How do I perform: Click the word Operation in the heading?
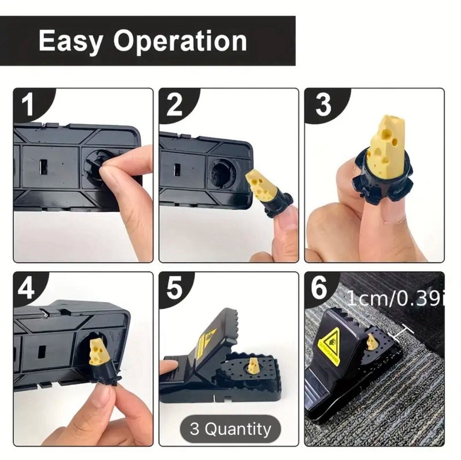click(180, 41)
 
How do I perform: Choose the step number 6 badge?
click(319, 288)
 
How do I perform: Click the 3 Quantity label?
click(230, 429)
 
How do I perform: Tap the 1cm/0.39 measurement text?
click(394, 299)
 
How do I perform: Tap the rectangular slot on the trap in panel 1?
click(43, 167)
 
